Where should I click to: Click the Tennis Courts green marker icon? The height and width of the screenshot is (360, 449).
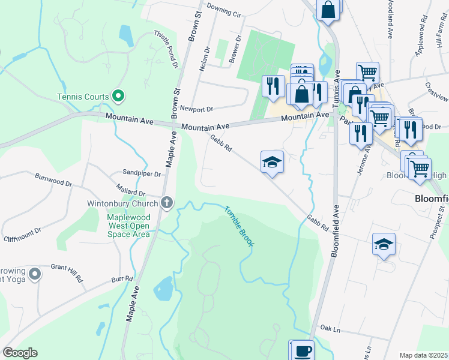point(118,96)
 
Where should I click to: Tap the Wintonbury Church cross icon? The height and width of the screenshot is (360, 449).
point(167,203)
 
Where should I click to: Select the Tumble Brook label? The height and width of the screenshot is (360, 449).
point(240,226)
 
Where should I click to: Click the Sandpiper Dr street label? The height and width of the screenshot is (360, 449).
point(142,174)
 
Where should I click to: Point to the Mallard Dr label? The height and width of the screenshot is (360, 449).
point(134,193)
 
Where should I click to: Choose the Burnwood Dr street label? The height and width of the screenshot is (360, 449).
point(53,178)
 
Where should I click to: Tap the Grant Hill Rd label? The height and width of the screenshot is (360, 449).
point(66,272)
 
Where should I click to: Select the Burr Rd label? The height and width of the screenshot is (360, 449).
point(122,279)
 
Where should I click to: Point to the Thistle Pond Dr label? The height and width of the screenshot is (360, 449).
point(167,49)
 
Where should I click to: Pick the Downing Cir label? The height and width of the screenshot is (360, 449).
point(223,10)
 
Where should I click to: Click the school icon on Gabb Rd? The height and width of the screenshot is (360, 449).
point(272,162)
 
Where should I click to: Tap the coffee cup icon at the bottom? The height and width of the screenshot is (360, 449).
point(301,350)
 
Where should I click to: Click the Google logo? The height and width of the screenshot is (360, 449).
point(20,353)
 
